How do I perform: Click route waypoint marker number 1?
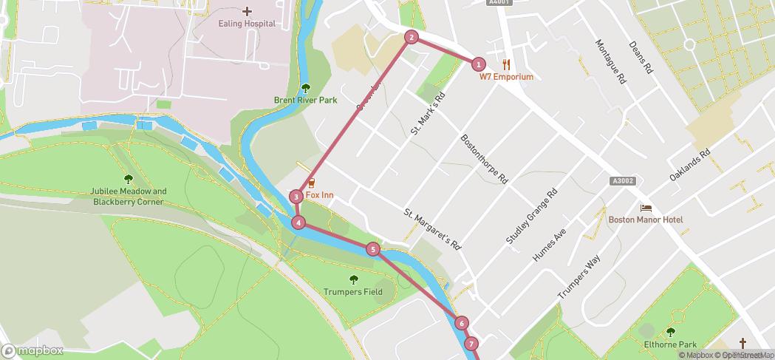479,64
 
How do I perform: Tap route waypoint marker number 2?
412,37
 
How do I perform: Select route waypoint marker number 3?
296,197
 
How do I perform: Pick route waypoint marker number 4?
298,223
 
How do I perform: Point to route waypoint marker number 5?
373,250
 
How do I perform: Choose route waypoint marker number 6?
462,323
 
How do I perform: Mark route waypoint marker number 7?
471,344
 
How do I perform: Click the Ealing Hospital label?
247,24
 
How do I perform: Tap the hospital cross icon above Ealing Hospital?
247,11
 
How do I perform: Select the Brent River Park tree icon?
306,88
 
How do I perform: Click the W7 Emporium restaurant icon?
506,64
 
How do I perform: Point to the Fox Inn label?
320,194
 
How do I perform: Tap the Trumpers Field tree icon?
353,279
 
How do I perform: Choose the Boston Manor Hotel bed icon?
646,208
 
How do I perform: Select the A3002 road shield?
623,181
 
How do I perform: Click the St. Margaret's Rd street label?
432,228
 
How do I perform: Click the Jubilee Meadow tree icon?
129,178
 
